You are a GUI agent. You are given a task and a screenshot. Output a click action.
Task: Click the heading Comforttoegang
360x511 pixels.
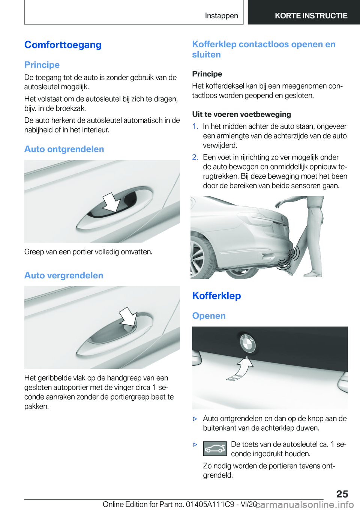63,45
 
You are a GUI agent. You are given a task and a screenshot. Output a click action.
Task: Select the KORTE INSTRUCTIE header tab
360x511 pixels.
311,16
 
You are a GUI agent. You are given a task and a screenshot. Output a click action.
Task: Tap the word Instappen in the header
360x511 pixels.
221,16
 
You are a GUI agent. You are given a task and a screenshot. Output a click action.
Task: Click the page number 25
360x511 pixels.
342,494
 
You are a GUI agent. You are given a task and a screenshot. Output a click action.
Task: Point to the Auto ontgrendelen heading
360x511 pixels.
64,149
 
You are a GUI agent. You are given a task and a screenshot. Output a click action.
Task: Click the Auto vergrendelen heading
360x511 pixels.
64,275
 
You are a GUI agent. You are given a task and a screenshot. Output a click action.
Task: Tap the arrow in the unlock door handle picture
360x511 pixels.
111,202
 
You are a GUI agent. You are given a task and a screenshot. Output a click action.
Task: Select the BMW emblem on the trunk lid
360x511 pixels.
247,343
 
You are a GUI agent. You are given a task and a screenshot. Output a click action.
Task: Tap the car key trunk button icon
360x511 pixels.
215,449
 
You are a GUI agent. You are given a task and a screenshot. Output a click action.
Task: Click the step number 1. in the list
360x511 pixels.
195,126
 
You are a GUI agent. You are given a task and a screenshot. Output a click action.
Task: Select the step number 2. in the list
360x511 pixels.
195,157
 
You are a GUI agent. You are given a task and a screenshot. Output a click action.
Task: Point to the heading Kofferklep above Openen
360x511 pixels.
216,296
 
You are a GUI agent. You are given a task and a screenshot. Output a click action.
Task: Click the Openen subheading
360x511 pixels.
209,316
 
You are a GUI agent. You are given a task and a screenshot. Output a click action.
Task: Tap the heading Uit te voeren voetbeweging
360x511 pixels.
241,114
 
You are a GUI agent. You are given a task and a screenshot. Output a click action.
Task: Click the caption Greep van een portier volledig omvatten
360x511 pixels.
88,252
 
